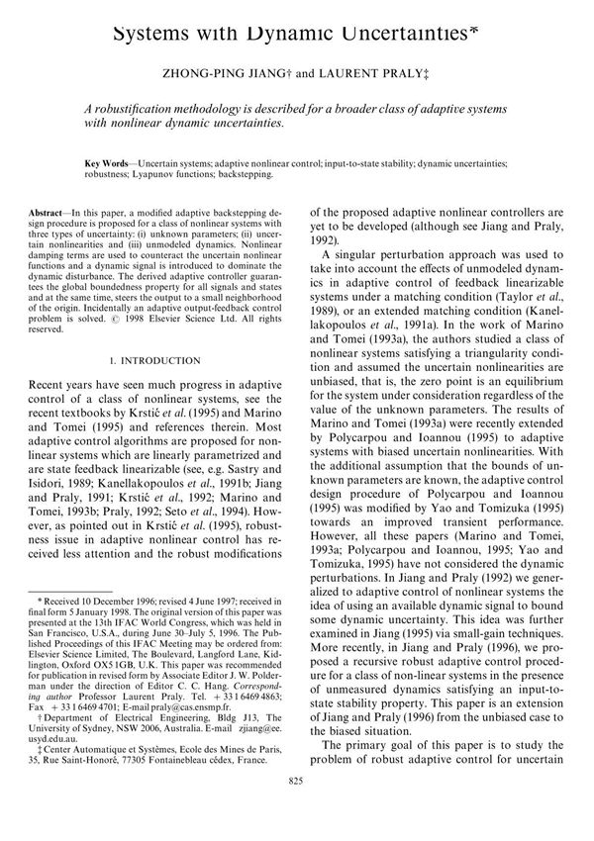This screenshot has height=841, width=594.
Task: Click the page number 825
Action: [x=296, y=809]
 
